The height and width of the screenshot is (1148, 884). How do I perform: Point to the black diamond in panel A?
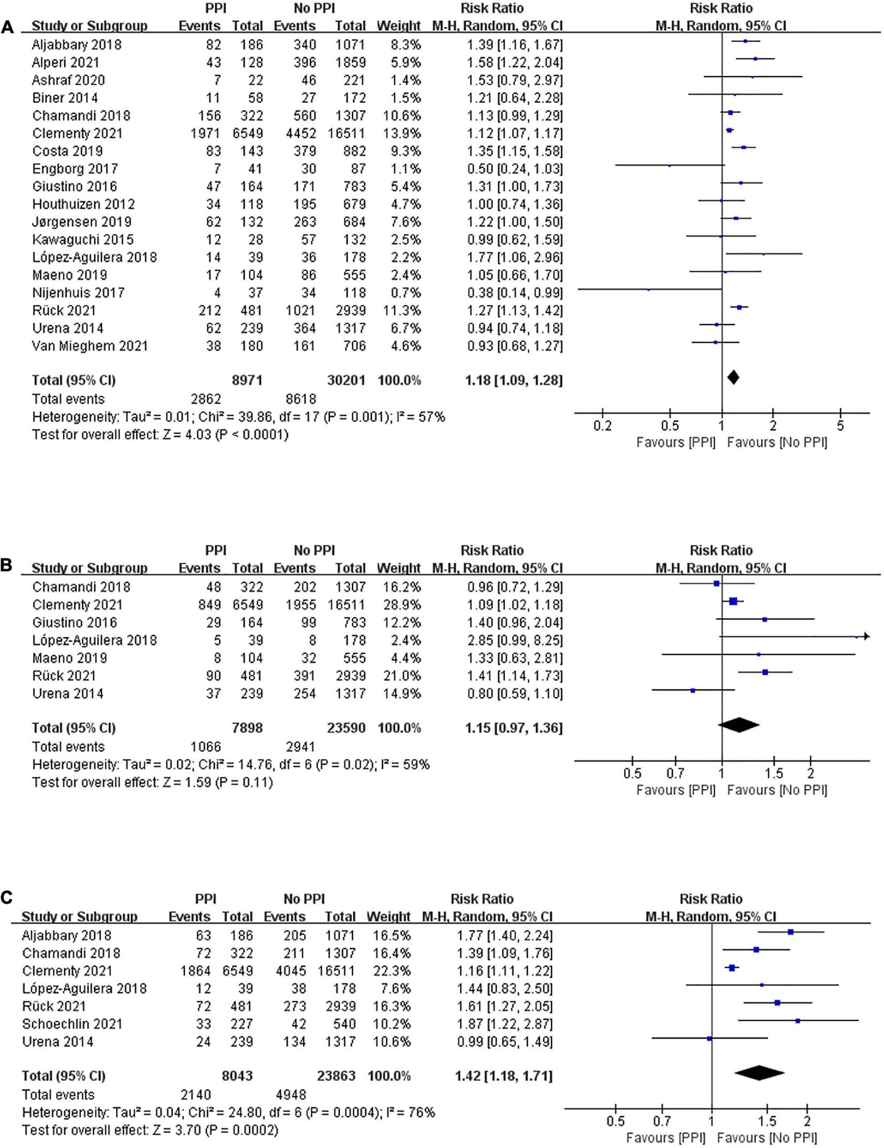(x=733, y=377)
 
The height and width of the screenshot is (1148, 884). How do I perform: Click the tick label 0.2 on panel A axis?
(x=602, y=427)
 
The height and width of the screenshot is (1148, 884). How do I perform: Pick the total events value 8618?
(x=300, y=399)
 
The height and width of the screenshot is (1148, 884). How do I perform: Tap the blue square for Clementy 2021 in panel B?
(x=733, y=601)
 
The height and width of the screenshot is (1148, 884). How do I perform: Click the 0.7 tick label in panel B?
(x=676, y=773)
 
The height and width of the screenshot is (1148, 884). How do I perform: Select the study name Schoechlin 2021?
(x=72, y=1024)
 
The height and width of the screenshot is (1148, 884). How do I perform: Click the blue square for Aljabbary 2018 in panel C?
(x=790, y=932)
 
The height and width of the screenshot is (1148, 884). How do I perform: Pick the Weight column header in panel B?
(x=399, y=568)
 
